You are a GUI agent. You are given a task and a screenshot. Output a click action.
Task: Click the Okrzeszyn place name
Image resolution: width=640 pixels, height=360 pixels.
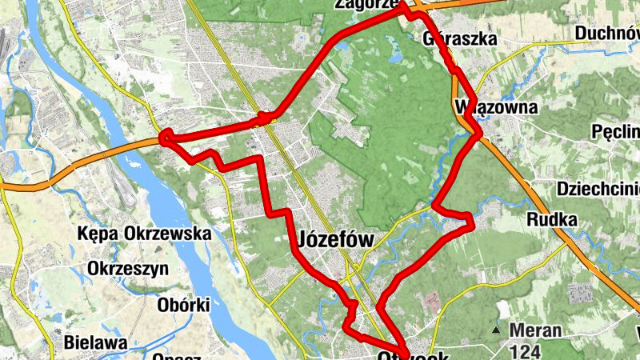click(129, 268)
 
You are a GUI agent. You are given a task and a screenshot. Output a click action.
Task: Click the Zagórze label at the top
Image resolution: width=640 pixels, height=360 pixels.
click(367, 4)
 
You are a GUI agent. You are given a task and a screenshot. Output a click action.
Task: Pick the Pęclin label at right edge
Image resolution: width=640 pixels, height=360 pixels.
click(616, 131)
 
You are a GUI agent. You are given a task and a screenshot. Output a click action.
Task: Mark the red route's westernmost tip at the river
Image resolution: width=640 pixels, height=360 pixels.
click(165, 138)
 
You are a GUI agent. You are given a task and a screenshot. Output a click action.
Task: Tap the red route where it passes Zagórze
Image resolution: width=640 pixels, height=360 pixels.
click(406, 12)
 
